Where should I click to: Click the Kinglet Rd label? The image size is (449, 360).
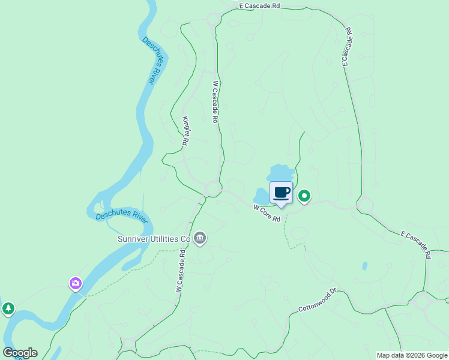pyautogui.click(x=186, y=131)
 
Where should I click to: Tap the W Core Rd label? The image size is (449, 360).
pyautogui.click(x=267, y=213)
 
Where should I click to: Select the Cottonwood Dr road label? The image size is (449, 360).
pyautogui.click(x=319, y=301)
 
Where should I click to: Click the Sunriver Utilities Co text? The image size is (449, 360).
pyautogui.click(x=153, y=239)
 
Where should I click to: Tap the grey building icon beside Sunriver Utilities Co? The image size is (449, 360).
pyautogui.click(x=200, y=239)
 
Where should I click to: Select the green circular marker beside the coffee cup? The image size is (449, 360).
pyautogui.click(x=304, y=196)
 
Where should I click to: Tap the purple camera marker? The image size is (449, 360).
pyautogui.click(x=75, y=283)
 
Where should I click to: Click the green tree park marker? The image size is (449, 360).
pyautogui.click(x=8, y=309)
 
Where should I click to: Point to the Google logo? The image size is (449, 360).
pyautogui.click(x=20, y=353)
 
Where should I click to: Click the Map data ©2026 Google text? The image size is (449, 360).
pyautogui.click(x=412, y=355)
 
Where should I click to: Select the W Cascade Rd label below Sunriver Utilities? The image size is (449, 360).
pyautogui.click(x=179, y=269)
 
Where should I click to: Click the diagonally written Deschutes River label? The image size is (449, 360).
pyautogui.click(x=153, y=60)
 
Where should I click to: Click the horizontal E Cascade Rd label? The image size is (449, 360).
pyautogui.click(x=259, y=5)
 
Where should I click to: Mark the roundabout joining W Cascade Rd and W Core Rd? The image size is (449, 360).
pyautogui.click(x=212, y=188)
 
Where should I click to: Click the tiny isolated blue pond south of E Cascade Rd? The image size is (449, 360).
pyautogui.click(x=364, y=266)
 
